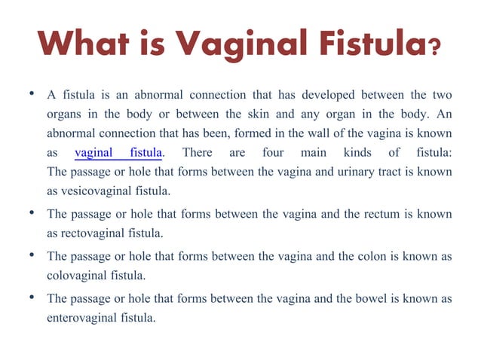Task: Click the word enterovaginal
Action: tap(80, 318)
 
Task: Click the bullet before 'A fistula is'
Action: tap(31, 96)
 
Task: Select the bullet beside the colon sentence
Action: tap(31, 256)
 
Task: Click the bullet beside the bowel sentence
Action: tap(31, 298)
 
